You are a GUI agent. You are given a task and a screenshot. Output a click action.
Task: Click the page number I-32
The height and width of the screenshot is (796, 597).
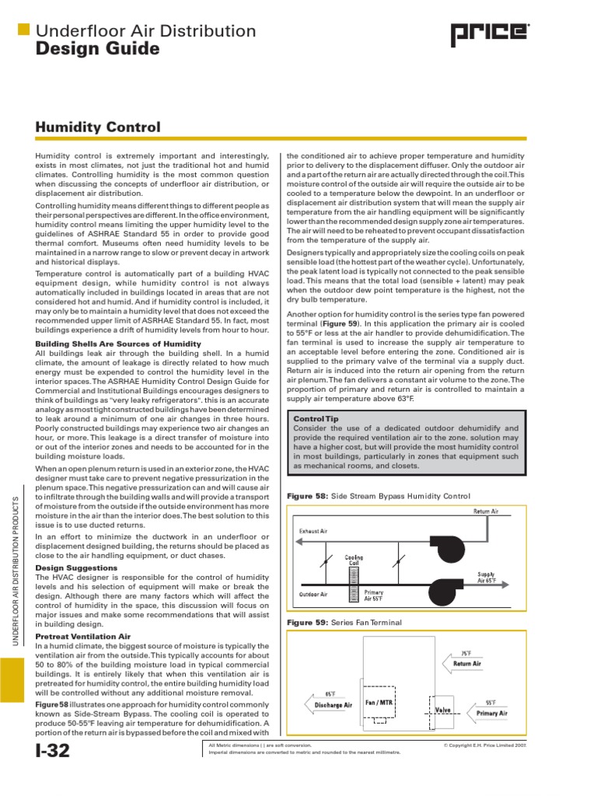click(53, 752)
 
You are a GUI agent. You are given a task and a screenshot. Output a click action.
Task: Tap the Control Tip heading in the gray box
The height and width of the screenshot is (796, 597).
click(314, 418)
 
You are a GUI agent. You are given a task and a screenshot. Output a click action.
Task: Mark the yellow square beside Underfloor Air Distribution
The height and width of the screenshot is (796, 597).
click(23, 30)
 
